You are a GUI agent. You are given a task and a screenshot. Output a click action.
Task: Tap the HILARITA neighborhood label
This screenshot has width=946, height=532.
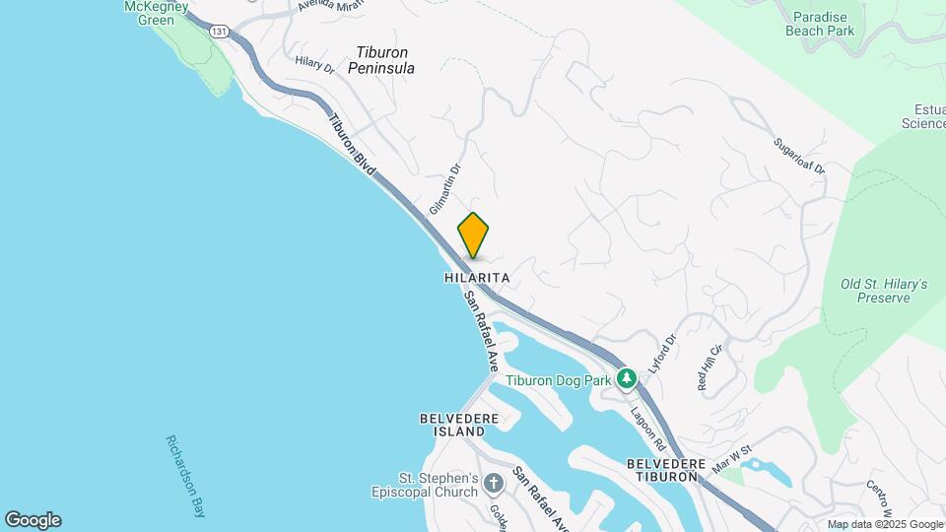(x=477, y=279)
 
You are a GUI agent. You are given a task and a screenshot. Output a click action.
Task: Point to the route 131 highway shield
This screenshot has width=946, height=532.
(x=219, y=32)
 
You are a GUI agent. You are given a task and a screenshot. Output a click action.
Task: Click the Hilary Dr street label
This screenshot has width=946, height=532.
(x=315, y=63)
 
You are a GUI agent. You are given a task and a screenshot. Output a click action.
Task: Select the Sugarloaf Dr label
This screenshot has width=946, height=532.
(x=798, y=155)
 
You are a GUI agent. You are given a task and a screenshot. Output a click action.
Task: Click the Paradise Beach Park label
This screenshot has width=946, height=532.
(x=820, y=23)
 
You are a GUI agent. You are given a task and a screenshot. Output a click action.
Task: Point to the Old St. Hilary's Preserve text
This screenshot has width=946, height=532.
(x=884, y=291)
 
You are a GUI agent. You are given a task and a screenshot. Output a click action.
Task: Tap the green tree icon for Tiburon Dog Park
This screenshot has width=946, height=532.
(x=626, y=379)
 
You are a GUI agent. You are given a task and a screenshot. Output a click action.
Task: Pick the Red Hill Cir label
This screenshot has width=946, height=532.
(x=709, y=366)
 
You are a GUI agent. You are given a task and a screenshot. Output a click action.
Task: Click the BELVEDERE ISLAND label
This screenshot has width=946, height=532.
(x=452, y=425)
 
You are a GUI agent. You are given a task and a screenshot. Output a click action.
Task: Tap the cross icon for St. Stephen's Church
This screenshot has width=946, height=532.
(x=493, y=484)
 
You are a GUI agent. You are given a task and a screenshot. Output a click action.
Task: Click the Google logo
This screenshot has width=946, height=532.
(x=33, y=520)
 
